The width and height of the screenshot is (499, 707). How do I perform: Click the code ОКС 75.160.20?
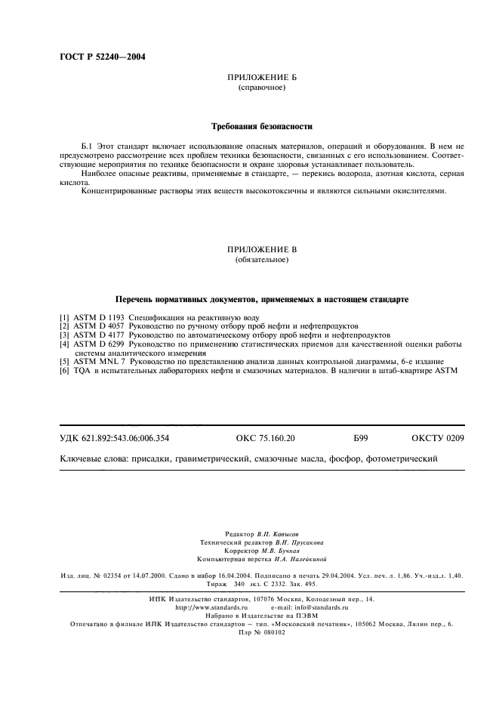pos(260,437)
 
